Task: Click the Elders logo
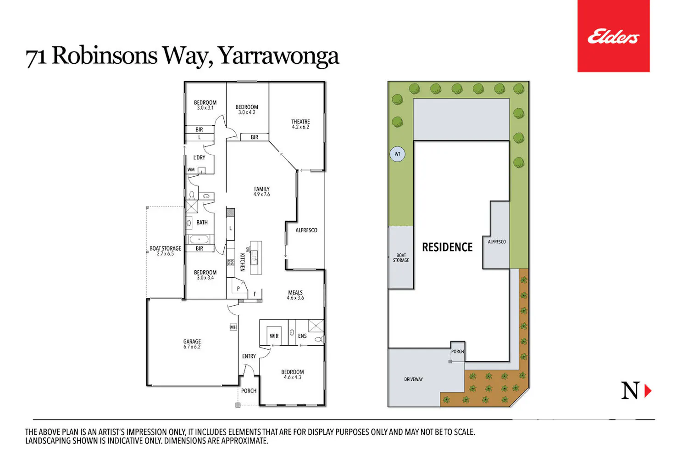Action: click(x=613, y=36)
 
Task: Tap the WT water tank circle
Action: click(x=398, y=154)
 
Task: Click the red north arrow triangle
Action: click(x=648, y=391)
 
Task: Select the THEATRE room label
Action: click(x=300, y=124)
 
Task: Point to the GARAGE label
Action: click(x=192, y=344)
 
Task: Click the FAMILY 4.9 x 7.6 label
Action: click(x=262, y=191)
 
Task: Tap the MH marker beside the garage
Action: click(x=233, y=327)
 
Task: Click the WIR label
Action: click(x=274, y=336)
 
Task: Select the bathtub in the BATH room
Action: click(x=199, y=239)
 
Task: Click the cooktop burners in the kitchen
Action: click(x=231, y=263)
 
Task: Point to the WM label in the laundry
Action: click(x=191, y=170)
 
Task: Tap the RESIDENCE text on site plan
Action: click(x=447, y=247)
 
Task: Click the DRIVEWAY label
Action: click(x=413, y=380)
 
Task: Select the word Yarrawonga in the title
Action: click(x=279, y=56)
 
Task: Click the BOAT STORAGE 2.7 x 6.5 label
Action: click(x=165, y=251)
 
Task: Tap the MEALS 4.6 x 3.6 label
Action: click(x=295, y=295)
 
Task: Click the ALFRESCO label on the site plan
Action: click(x=497, y=242)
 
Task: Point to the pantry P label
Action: click(x=239, y=289)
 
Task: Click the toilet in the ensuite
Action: click(x=319, y=339)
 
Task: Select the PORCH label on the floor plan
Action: click(x=249, y=391)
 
